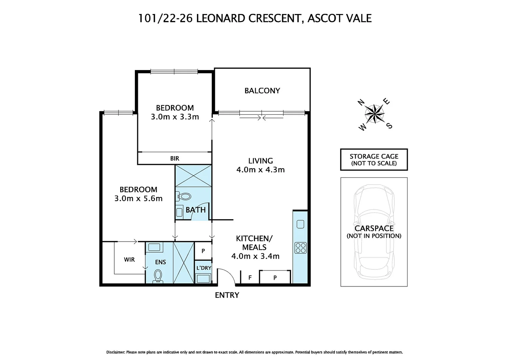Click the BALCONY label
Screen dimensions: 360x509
(262, 91)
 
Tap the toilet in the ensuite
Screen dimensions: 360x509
(158, 276)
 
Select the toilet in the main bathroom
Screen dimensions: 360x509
(184, 196)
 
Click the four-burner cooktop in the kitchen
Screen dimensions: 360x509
(300, 248)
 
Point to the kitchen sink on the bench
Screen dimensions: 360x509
(300, 224)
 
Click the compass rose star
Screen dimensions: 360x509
(375, 114)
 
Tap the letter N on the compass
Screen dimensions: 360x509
(361, 102)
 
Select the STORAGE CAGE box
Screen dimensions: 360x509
(374, 160)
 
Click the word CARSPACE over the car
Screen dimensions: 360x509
(374, 228)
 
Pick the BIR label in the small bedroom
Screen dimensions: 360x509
(175, 159)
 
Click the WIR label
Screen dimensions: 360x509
(129, 260)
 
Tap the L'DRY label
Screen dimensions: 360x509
(204, 268)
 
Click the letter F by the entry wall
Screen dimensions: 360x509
(250, 278)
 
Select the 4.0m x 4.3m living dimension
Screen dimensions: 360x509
(260, 170)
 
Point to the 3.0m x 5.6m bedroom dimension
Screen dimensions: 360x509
(138, 199)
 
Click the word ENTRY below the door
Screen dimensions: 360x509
(227, 295)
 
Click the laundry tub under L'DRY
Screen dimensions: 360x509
(203, 278)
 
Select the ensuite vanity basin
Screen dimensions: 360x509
(154, 247)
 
